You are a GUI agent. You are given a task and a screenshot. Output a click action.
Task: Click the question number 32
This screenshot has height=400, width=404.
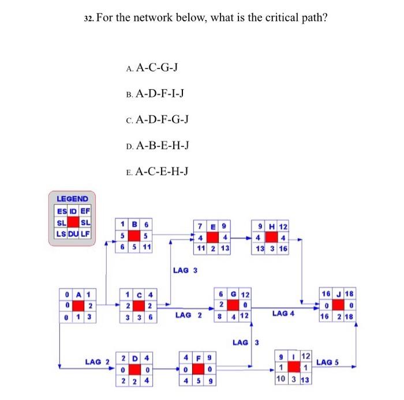point(88,17)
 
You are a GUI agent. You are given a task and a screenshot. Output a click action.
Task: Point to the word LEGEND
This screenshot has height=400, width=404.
point(72,199)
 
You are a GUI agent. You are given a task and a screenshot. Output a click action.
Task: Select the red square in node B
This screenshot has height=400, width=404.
point(134,235)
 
